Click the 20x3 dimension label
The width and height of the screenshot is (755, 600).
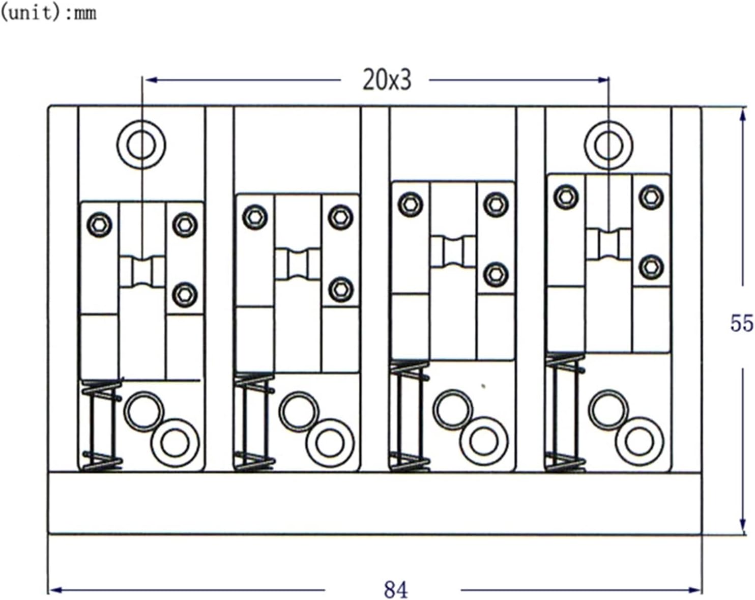click(387, 80)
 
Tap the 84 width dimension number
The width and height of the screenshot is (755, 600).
click(396, 590)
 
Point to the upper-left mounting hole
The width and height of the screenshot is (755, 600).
click(141, 145)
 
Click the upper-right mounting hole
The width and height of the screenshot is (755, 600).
click(608, 145)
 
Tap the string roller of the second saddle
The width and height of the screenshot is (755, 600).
click(298, 263)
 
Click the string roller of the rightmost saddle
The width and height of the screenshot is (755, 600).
click(608, 244)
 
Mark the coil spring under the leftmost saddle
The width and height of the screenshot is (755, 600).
click(101, 425)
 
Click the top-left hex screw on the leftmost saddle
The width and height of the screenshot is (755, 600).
click(99, 224)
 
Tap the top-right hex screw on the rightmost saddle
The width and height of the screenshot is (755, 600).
click(651, 197)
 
